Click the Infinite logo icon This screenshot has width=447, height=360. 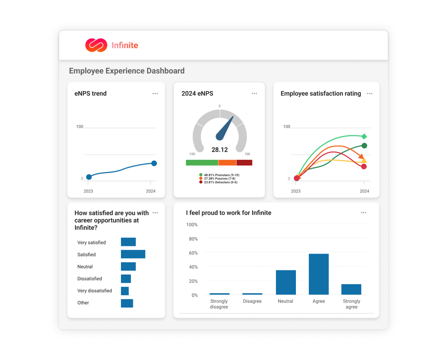[x=96, y=45]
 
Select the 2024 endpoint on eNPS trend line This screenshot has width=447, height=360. [x=154, y=163]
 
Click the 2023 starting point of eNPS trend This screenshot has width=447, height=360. [x=89, y=177]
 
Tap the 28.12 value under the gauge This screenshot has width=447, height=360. [x=219, y=150]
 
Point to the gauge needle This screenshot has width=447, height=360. [x=226, y=128]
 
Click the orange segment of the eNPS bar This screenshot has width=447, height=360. [x=227, y=163]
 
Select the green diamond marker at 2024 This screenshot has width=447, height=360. [x=364, y=136]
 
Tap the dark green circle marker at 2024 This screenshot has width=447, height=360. [x=364, y=146]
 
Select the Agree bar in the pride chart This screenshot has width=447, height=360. [x=319, y=274]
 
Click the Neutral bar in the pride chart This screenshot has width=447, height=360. [x=286, y=283]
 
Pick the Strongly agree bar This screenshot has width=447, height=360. [x=351, y=289]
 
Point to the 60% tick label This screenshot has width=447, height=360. [x=193, y=253]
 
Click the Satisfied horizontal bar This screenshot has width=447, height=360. [x=133, y=254]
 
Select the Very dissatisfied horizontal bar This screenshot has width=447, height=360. [x=125, y=291]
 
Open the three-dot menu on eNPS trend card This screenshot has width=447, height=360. [x=155, y=94]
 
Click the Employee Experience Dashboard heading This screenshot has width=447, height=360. [x=127, y=71]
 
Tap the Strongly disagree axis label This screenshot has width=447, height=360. [x=219, y=304]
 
